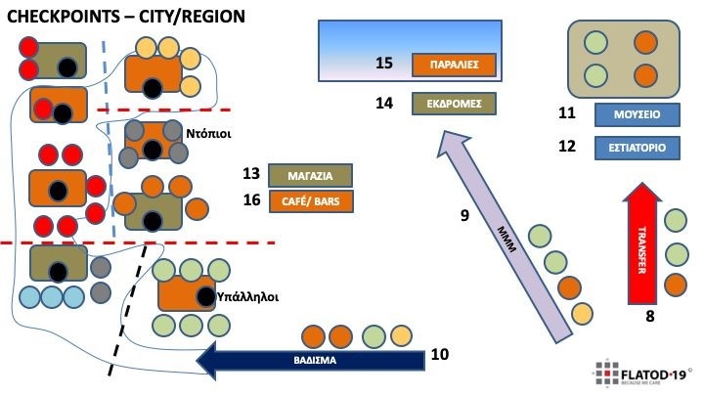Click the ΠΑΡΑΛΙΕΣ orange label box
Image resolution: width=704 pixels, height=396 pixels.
[455, 66]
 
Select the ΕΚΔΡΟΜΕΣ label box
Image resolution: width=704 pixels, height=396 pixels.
[454, 103]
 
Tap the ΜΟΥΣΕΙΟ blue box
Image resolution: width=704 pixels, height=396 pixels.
[637, 114]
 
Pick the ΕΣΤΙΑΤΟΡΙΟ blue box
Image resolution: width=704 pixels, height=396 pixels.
[637, 149]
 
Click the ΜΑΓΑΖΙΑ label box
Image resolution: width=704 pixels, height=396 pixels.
[310, 176]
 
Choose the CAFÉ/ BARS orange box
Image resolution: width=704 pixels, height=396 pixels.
[310, 201]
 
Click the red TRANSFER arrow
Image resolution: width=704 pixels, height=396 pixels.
[642, 244]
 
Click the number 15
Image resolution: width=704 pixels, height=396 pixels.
[384, 64]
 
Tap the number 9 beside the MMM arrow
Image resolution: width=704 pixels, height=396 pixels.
[464, 214]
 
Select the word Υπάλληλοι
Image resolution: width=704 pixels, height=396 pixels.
[248, 294]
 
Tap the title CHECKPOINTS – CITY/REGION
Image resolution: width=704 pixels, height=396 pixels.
[126, 17]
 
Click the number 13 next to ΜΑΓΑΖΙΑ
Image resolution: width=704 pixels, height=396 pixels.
[251, 174]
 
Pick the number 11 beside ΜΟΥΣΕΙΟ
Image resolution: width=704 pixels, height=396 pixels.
[567, 113]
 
